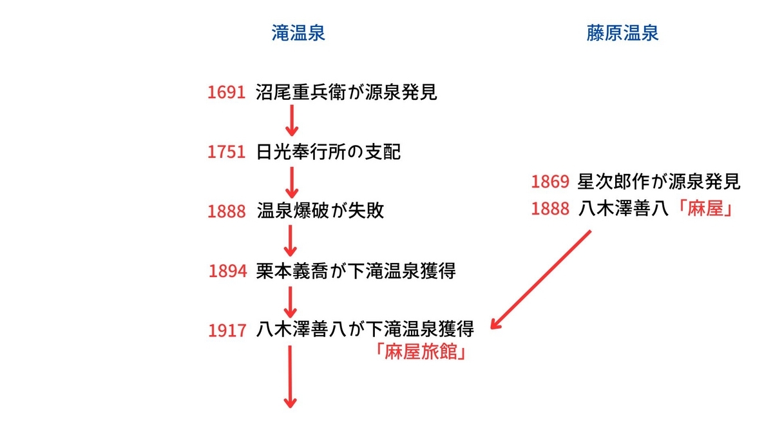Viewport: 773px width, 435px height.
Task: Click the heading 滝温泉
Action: pyautogui.click(x=298, y=33)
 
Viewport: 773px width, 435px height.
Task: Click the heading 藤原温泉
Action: pyautogui.click(x=622, y=33)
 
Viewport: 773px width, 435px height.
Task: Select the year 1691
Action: pyautogui.click(x=226, y=93)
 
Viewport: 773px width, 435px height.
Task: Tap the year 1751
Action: pyautogui.click(x=226, y=152)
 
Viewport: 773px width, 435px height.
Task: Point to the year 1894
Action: pyautogui.click(x=228, y=271)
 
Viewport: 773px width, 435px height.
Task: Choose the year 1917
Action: pyautogui.click(x=227, y=331)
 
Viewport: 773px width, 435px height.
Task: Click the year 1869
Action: pyautogui.click(x=550, y=182)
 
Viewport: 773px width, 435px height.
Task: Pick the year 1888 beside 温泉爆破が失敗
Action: pyautogui.click(x=226, y=211)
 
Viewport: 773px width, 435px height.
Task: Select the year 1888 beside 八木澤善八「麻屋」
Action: pyautogui.click(x=550, y=209)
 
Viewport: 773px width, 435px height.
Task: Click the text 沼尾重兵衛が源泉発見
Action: pyautogui.click(x=347, y=92)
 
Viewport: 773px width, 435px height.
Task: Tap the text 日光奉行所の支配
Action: pyautogui.click(x=328, y=152)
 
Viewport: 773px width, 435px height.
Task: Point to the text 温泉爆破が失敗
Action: pyautogui.click(x=320, y=211)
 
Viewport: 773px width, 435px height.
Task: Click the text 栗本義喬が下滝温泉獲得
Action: pyautogui.click(x=356, y=271)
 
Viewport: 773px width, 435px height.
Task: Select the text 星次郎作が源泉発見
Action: pyautogui.click(x=659, y=181)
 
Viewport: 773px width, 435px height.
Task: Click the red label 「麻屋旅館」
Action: pyautogui.click(x=421, y=352)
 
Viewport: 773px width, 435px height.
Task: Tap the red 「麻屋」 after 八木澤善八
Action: pyautogui.click(x=705, y=209)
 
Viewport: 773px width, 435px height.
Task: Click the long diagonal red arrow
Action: pyautogui.click(x=540, y=280)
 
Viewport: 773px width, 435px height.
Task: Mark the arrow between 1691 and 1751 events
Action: pyautogui.click(x=292, y=121)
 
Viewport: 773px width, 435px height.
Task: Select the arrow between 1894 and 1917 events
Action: pyautogui.click(x=291, y=302)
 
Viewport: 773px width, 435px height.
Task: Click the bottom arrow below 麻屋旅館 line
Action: pyautogui.click(x=291, y=377)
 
